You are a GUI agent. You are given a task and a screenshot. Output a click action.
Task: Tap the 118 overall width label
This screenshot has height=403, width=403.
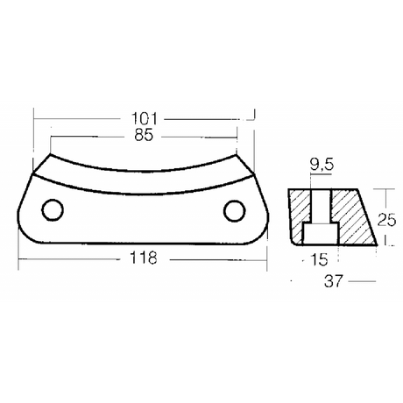click(x=142, y=258)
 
